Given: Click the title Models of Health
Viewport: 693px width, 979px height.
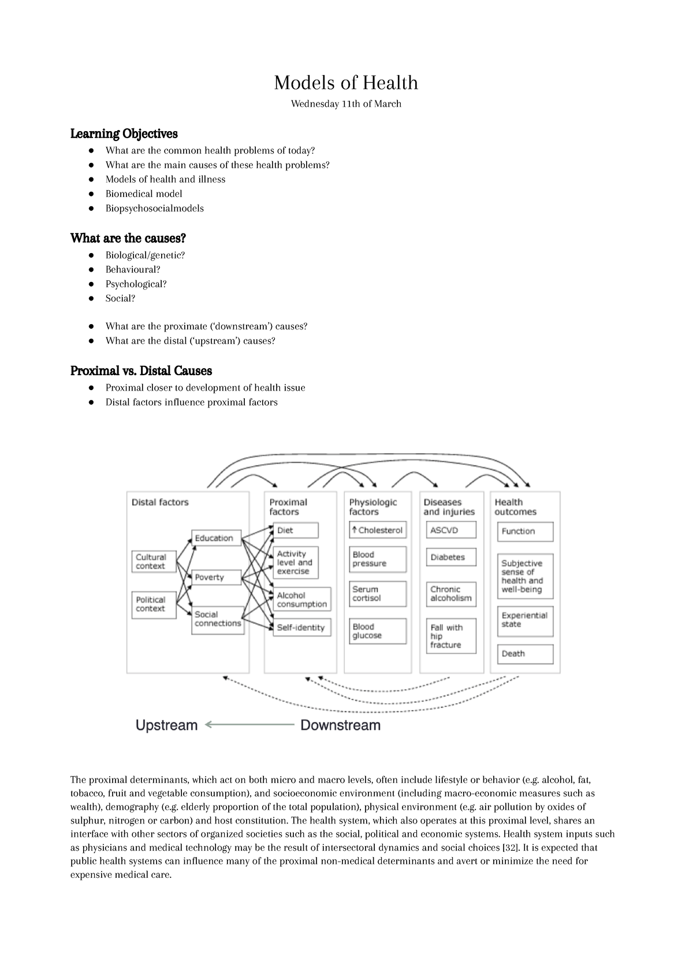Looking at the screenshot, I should pos(345,83).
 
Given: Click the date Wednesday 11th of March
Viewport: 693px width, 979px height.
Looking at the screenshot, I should pos(345,104).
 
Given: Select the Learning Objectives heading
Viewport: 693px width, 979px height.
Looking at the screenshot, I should pos(124,134).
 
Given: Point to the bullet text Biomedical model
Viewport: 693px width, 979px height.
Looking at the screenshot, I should pos(143,194).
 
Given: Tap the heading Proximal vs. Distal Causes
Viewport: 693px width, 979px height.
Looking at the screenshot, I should pos(141,370).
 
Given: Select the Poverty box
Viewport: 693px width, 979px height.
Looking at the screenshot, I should pos(216,577).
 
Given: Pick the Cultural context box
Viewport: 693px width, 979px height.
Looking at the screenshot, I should pos(154,562).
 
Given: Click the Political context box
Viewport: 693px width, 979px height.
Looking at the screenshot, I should pos(154,605).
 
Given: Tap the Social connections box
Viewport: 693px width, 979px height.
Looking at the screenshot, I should pos(217,619).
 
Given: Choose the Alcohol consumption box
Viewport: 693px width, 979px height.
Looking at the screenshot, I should pos(301,599).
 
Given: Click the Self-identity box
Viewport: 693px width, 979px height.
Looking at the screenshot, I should pos(301,628).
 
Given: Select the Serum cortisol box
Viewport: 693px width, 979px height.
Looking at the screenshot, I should pos(378,594).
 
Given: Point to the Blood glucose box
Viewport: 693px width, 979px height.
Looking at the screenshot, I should pos(378,631).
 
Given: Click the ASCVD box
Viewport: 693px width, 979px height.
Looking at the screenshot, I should pos(452,530).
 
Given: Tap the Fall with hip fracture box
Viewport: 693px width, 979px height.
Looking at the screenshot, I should pos(452,636).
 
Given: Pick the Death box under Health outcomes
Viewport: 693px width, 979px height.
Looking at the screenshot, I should pos(524,654).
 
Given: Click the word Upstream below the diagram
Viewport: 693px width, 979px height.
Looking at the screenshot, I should pos(166,725).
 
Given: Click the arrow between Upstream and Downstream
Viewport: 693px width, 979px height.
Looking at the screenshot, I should pos(249,725).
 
